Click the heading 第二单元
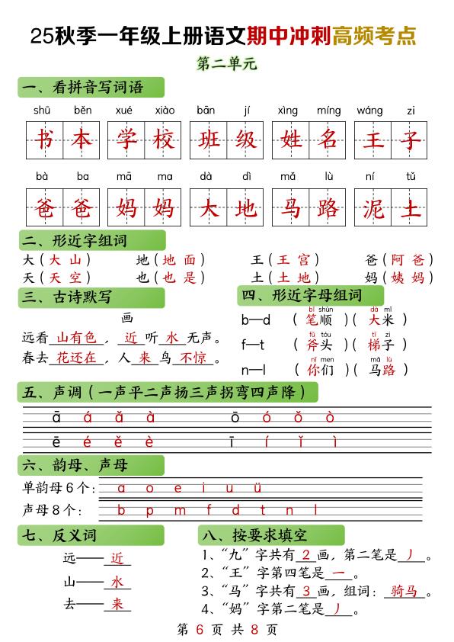click(x=226, y=64)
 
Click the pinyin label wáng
click(x=369, y=110)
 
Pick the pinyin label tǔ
click(x=411, y=177)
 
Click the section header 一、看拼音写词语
click(x=83, y=88)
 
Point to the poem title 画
click(x=127, y=317)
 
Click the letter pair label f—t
click(x=253, y=344)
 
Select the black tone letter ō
click(x=235, y=417)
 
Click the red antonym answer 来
click(x=117, y=604)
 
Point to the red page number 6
click(x=200, y=630)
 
